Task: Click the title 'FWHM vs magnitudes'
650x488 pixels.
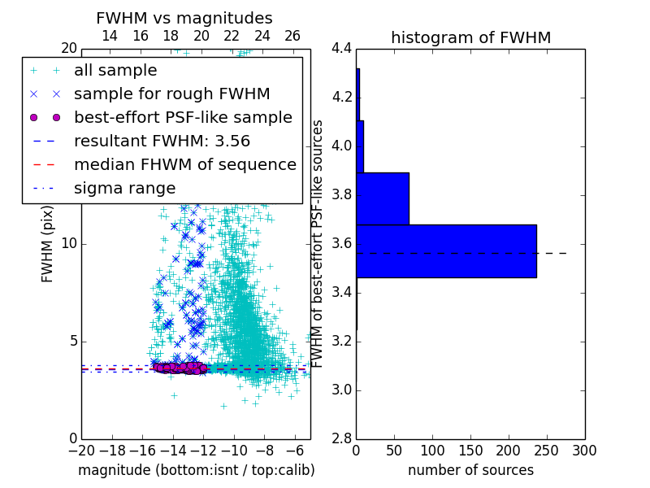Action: click(x=184, y=18)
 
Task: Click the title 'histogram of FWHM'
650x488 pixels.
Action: click(x=470, y=37)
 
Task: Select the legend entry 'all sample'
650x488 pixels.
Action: click(x=115, y=71)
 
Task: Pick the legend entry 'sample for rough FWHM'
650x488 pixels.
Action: click(x=171, y=94)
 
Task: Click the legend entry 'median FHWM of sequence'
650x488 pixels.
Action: click(x=184, y=165)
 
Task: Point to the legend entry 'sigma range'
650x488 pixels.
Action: click(x=124, y=189)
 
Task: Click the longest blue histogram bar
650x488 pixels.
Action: click(x=446, y=251)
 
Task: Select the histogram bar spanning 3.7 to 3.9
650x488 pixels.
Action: click(x=383, y=198)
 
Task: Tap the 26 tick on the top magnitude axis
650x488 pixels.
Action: click(x=292, y=36)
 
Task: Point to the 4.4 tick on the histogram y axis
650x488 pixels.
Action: click(x=340, y=49)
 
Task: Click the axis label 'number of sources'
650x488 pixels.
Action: click(x=470, y=470)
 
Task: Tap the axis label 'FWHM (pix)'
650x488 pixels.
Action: click(x=48, y=244)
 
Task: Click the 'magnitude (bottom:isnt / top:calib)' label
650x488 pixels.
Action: click(x=196, y=470)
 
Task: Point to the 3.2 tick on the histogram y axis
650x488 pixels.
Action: click(x=340, y=342)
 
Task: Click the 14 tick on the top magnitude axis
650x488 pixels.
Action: click(x=110, y=36)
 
